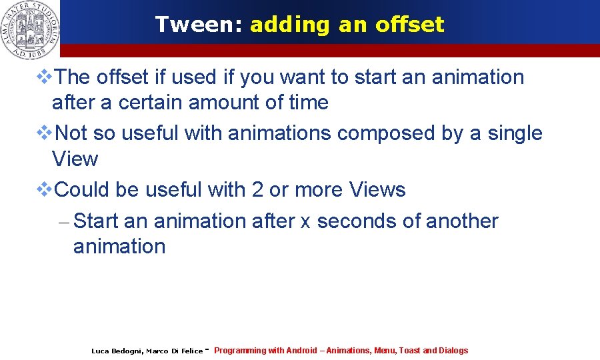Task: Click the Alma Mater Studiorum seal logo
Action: pyautogui.click(x=29, y=27)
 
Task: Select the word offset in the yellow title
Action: pyautogui.click(x=409, y=25)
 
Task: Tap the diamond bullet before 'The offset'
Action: pyautogui.click(x=44, y=77)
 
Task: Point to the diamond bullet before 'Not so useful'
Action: pyautogui.click(x=44, y=133)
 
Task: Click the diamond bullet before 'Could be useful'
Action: pyautogui.click(x=44, y=190)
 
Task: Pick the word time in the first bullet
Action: pyautogui.click(x=310, y=103)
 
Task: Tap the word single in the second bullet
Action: pyautogui.click(x=515, y=133)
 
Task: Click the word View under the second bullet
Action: pyautogui.click(x=75, y=159)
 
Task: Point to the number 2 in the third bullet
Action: pyautogui.click(x=257, y=190)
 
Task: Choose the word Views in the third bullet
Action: pyautogui.click(x=377, y=190)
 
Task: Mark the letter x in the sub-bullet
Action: pyautogui.click(x=305, y=221)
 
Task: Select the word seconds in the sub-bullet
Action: pyautogui.click(x=354, y=221)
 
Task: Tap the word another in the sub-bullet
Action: pyautogui.click(x=460, y=221)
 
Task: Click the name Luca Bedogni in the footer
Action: pyautogui.click(x=116, y=351)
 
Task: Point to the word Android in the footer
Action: pyautogui.click(x=301, y=351)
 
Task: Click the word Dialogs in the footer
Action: pyautogui.click(x=453, y=351)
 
